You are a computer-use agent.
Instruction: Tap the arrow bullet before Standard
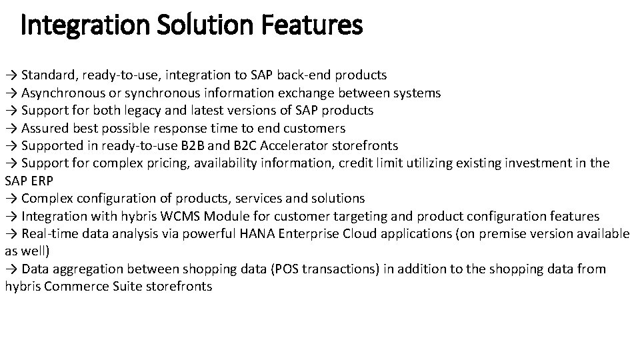pos(11,75)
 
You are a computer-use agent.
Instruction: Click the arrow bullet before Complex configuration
pos(11,199)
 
